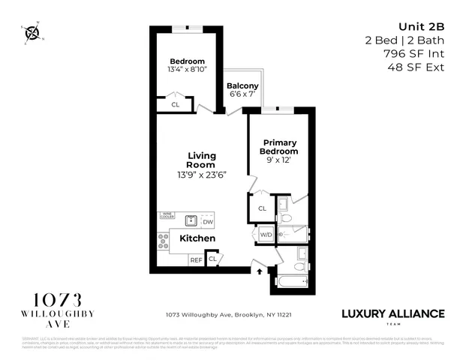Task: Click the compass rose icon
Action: (x=32, y=33)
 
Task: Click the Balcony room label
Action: (x=242, y=85)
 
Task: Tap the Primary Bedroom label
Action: (x=279, y=147)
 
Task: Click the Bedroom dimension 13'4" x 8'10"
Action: (x=187, y=69)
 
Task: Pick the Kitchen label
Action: (x=197, y=238)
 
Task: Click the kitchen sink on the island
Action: (x=191, y=220)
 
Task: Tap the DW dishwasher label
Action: (x=208, y=222)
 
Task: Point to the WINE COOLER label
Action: (x=167, y=216)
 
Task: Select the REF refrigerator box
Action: (x=196, y=259)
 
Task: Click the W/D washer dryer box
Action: (x=266, y=235)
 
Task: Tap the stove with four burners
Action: (x=164, y=241)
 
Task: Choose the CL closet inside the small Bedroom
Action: (x=175, y=104)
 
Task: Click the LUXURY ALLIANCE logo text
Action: (x=393, y=313)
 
